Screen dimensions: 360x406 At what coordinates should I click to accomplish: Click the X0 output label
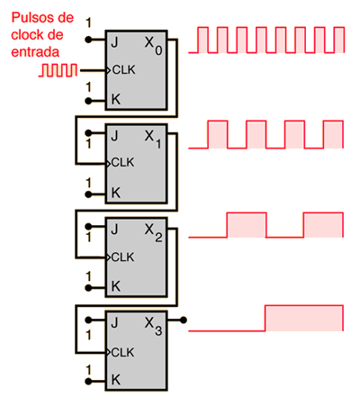tap(153, 46)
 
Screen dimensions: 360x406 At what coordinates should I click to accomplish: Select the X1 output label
tap(153, 140)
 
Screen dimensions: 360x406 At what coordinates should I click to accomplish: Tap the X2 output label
tap(153, 233)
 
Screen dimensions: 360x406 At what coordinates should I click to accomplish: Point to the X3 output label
tap(153, 327)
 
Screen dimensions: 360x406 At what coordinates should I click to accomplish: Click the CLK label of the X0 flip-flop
tap(123, 70)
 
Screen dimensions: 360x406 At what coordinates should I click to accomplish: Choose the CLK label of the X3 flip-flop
tap(122, 352)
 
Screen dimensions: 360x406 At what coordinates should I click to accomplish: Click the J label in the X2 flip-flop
tap(114, 230)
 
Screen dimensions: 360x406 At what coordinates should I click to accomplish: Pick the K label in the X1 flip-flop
tap(116, 193)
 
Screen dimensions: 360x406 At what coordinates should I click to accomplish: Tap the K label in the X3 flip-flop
tap(116, 380)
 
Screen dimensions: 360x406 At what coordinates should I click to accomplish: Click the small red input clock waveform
tap(58, 70)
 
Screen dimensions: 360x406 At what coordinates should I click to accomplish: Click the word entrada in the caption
tap(35, 52)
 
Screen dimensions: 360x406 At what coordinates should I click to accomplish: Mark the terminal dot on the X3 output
tap(184, 320)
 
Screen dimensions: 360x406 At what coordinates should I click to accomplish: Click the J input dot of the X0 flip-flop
tap(88, 40)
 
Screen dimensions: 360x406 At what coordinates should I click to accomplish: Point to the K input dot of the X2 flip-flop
tap(88, 288)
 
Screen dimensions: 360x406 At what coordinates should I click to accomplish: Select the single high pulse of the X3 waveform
tap(304, 318)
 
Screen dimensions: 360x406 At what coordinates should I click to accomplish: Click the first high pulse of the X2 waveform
tap(247, 225)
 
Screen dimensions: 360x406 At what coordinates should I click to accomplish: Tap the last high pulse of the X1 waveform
tap(333, 134)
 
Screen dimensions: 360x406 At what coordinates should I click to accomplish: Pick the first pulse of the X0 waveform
tap(203, 40)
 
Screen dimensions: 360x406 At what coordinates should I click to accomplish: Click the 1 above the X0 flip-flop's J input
tap(88, 23)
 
